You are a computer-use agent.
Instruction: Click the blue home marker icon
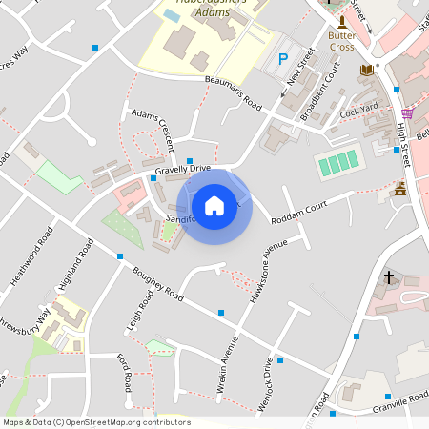pos(214,205)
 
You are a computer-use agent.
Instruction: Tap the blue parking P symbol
pos(282,59)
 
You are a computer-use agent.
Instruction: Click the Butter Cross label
pos(341,41)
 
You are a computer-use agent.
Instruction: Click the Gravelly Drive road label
pos(182,170)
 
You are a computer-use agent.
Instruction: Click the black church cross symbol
pos(388,277)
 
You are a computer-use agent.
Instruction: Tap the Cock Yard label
pos(359,111)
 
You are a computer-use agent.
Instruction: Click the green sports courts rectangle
pos(338,162)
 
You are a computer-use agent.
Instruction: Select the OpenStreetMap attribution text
pos(96,422)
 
